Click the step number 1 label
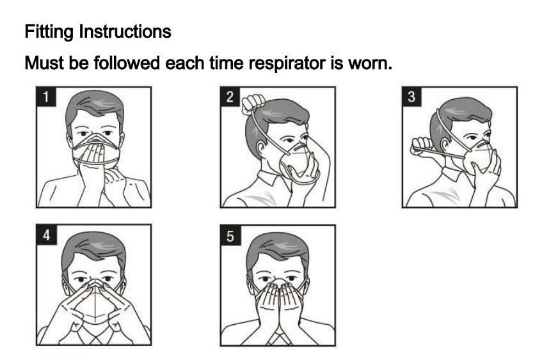click(x=45, y=97)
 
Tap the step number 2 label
click(x=230, y=97)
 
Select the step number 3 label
click(x=411, y=97)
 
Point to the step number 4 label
click(x=46, y=235)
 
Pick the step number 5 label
click(x=230, y=235)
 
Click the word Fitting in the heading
click(x=49, y=32)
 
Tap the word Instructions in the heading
click(x=125, y=32)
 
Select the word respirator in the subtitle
click(x=287, y=63)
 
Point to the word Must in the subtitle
click(x=44, y=63)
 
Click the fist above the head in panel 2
click(x=253, y=104)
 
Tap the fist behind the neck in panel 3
click(x=422, y=146)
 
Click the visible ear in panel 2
click(x=261, y=150)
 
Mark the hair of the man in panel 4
click(x=94, y=248)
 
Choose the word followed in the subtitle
click(x=126, y=63)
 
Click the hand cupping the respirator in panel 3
click(x=487, y=171)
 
